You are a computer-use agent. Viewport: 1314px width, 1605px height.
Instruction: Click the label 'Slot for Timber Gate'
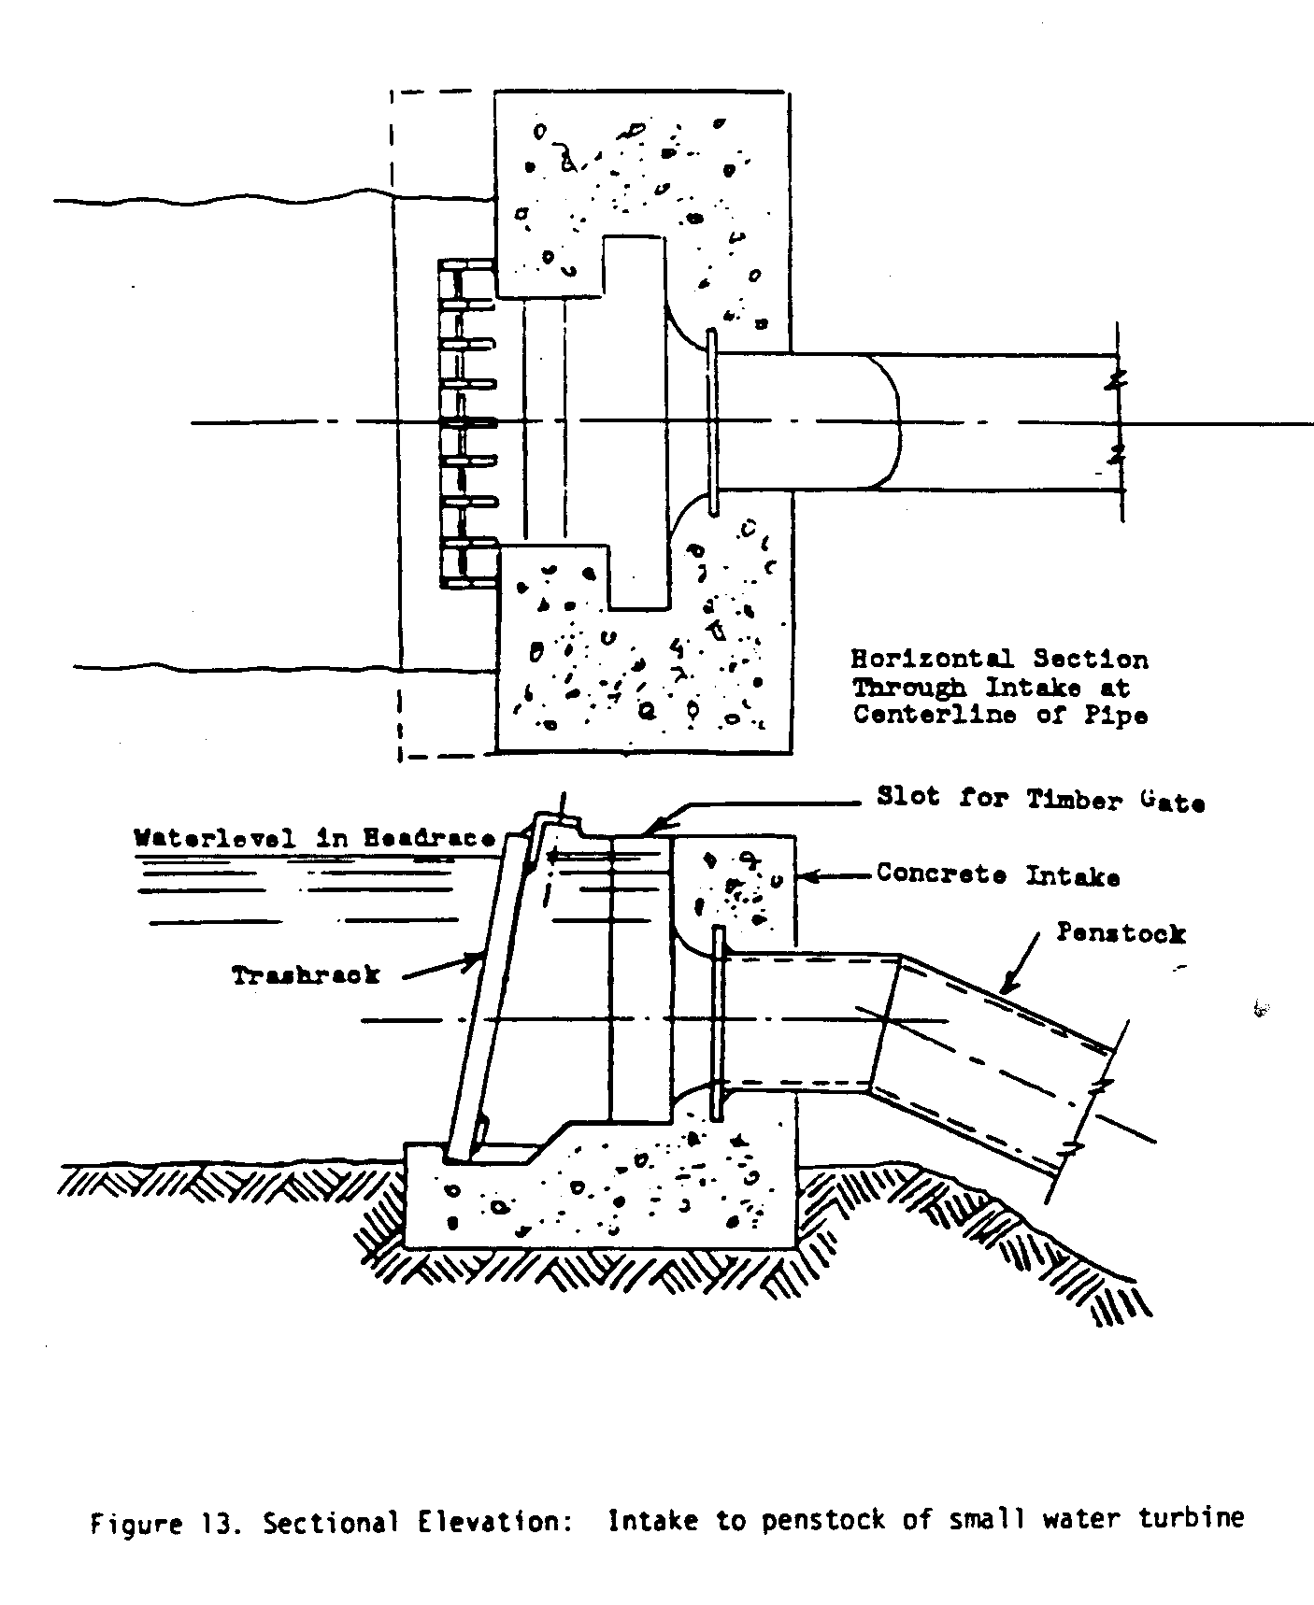(1040, 800)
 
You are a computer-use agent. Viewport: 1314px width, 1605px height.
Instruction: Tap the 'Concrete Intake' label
(997, 875)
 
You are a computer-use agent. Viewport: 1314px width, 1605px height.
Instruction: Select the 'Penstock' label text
(1121, 932)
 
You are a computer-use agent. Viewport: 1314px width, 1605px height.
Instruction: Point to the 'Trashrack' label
(306, 975)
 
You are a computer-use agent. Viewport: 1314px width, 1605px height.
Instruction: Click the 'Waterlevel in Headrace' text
(314, 838)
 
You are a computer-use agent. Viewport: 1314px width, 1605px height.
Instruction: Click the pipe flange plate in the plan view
(713, 422)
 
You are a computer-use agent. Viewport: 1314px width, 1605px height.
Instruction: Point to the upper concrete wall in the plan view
(645, 168)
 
